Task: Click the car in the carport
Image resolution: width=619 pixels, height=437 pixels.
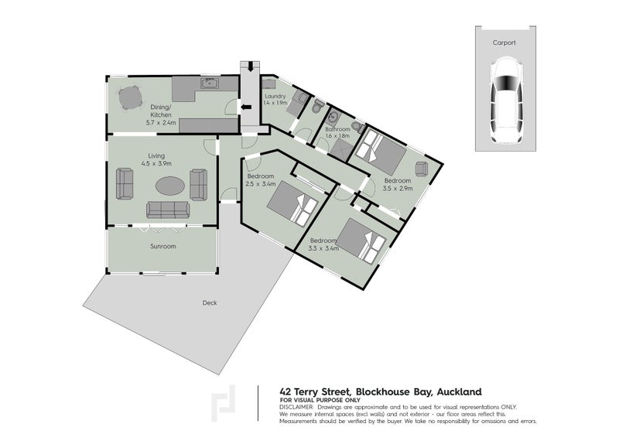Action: coord(507,101)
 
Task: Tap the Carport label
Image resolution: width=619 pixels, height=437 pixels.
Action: coord(504,43)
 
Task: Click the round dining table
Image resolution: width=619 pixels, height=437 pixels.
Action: coord(130,98)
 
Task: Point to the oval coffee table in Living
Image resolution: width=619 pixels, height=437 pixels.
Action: coord(169,186)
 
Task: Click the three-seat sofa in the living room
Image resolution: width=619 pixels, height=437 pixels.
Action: coord(168,210)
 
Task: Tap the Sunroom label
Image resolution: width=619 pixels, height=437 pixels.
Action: coord(163,246)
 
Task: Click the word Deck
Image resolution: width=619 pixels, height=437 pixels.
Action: coord(210,302)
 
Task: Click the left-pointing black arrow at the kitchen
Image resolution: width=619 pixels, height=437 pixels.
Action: coord(246,107)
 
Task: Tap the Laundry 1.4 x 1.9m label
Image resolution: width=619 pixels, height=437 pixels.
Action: coord(275,100)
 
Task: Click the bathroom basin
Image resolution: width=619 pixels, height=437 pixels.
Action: coord(333,117)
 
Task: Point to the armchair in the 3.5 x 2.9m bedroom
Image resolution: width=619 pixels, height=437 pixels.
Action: coord(422,169)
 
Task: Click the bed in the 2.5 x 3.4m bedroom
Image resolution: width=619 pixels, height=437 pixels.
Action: coord(292,203)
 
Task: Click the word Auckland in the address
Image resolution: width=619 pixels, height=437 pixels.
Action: coord(459,392)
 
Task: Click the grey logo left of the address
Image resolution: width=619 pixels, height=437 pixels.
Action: coord(224,404)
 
